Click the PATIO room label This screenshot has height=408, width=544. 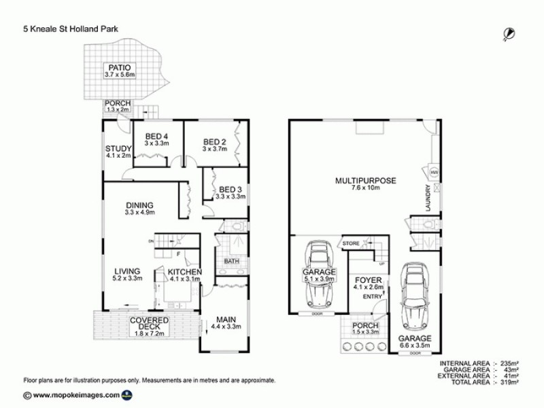pyautogui.click(x=118, y=67)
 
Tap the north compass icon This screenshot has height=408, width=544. pyautogui.click(x=507, y=31)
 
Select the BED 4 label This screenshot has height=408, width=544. pyautogui.click(x=156, y=136)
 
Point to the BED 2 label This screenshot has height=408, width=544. pyautogui.click(x=214, y=142)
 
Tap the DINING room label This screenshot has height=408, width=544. pyautogui.click(x=139, y=205)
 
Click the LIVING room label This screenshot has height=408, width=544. pyautogui.click(x=126, y=269)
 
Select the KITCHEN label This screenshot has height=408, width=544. pyautogui.click(x=180, y=272)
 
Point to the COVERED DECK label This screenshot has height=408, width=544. pyautogui.click(x=148, y=323)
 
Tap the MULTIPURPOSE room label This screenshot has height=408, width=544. pyautogui.click(x=365, y=180)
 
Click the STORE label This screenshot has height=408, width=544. pyautogui.click(x=350, y=243)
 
